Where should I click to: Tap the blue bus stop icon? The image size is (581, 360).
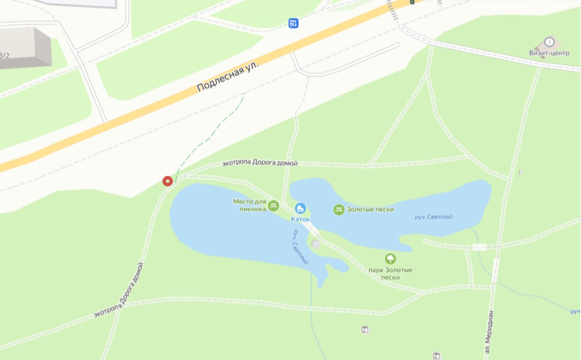coord(294,23)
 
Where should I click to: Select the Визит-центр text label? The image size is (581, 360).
coord(549,53)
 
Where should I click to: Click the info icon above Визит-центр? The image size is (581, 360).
coord(549,41)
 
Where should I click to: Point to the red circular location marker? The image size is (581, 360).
coord(168,181)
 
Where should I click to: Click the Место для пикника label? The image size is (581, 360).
coord(249,204)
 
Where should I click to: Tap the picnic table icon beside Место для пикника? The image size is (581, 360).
coord(274,205)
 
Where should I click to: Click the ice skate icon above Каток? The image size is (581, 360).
coord(301,208)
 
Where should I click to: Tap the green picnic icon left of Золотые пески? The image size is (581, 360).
coord(339,209)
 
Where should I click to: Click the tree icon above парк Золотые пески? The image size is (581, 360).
coord(390,259)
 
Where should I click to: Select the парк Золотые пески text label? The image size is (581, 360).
coord(390,274)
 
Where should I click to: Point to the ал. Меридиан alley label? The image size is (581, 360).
coord(488,332)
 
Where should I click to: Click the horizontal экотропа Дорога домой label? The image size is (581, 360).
coord(260,164)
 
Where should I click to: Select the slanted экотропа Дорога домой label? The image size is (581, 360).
coord(119,291)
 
